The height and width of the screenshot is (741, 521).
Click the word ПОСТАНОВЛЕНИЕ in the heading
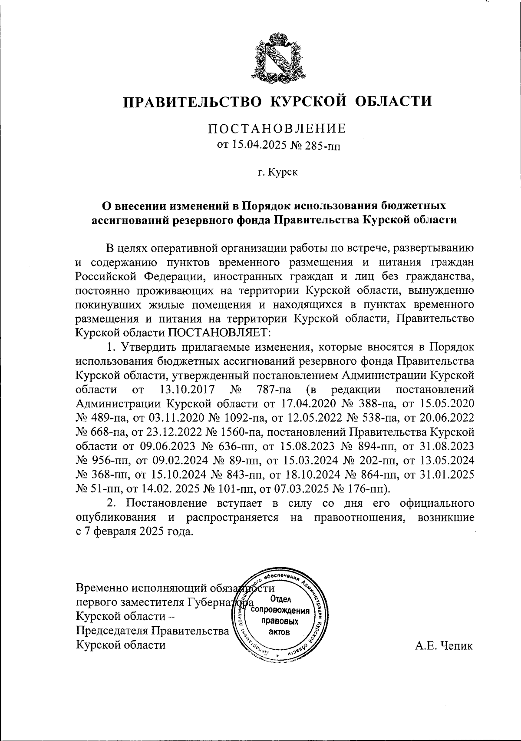[x=277, y=129]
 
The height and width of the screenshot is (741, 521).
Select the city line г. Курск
[x=277, y=173]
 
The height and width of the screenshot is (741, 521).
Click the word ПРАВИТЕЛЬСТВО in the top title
[x=193, y=101]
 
